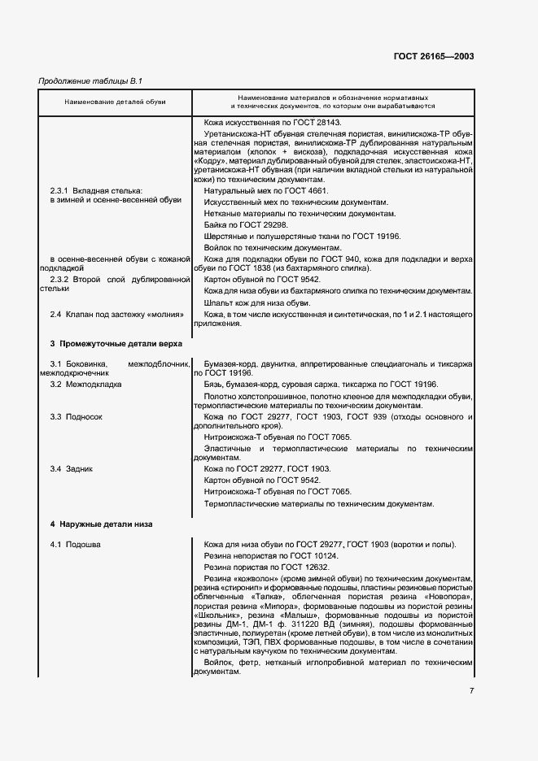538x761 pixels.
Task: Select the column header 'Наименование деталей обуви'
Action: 115,102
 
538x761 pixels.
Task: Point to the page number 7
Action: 471,691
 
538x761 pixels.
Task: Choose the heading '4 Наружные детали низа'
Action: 90,524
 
